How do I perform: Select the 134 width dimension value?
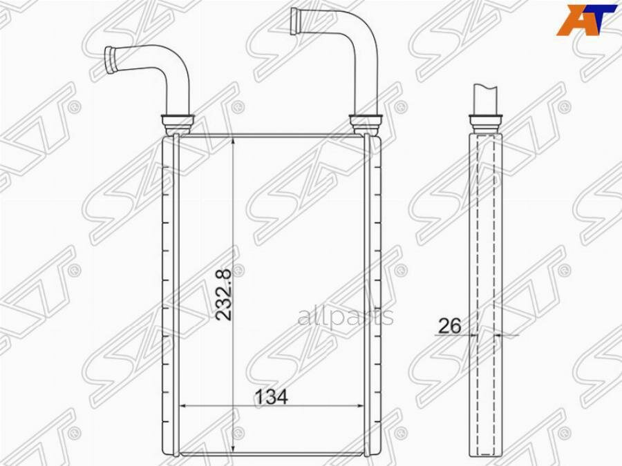point(272,397)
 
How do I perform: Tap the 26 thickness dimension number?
point(450,326)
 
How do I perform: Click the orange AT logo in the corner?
point(587,20)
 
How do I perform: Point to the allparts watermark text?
point(346,317)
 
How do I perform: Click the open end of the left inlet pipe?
point(109,59)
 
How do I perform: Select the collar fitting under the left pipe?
point(178,124)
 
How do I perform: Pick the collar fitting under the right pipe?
point(366,124)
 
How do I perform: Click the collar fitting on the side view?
point(486,124)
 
